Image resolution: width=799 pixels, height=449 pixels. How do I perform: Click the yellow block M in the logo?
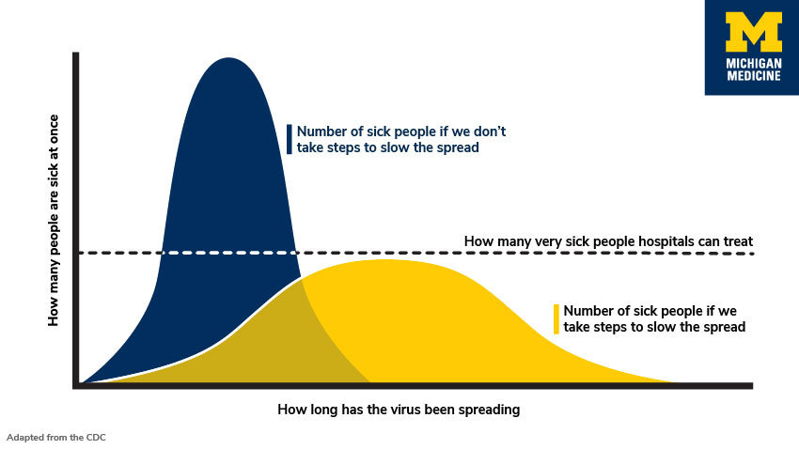coord(754,33)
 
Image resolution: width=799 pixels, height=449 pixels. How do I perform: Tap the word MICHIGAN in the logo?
coord(754,63)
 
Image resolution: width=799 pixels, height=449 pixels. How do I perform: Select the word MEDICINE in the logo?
coord(754,76)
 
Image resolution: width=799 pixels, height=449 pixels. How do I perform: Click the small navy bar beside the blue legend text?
coord(290,139)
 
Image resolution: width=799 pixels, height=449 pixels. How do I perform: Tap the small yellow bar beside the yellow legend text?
coord(556,319)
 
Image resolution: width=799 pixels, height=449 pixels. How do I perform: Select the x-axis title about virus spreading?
coord(399,410)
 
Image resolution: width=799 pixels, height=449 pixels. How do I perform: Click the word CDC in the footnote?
coord(99,437)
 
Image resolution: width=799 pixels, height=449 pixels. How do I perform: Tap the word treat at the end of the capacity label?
coord(737,241)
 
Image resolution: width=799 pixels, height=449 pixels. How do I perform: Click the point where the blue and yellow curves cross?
coord(302,279)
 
